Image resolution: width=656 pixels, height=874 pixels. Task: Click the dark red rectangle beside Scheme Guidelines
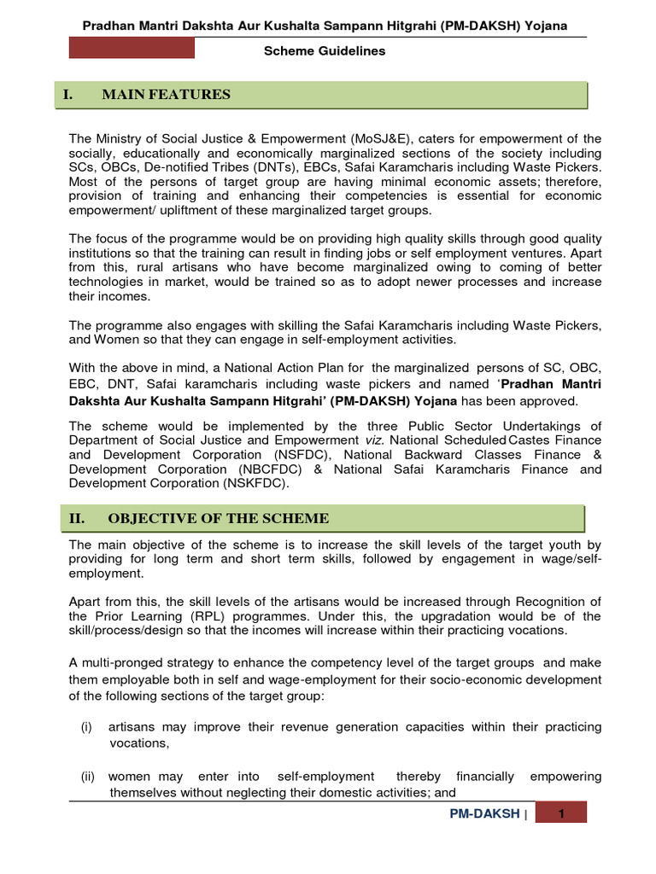pos(132,49)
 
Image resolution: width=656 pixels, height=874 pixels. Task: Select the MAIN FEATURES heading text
pos(166,95)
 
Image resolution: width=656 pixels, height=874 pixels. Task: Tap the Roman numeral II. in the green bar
pos(79,519)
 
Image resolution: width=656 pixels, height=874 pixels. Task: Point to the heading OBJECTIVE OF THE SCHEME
pos(218,519)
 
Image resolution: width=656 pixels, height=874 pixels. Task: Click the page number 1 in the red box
pos(562,814)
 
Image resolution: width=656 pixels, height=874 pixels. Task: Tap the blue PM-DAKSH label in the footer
pos(484,814)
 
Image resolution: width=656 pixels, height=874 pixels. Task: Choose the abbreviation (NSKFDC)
pos(255,483)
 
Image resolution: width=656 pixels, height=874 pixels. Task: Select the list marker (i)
pos(86,727)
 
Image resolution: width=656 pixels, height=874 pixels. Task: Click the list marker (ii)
pos(88,777)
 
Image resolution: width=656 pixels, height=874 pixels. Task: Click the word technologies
pos(108,282)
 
